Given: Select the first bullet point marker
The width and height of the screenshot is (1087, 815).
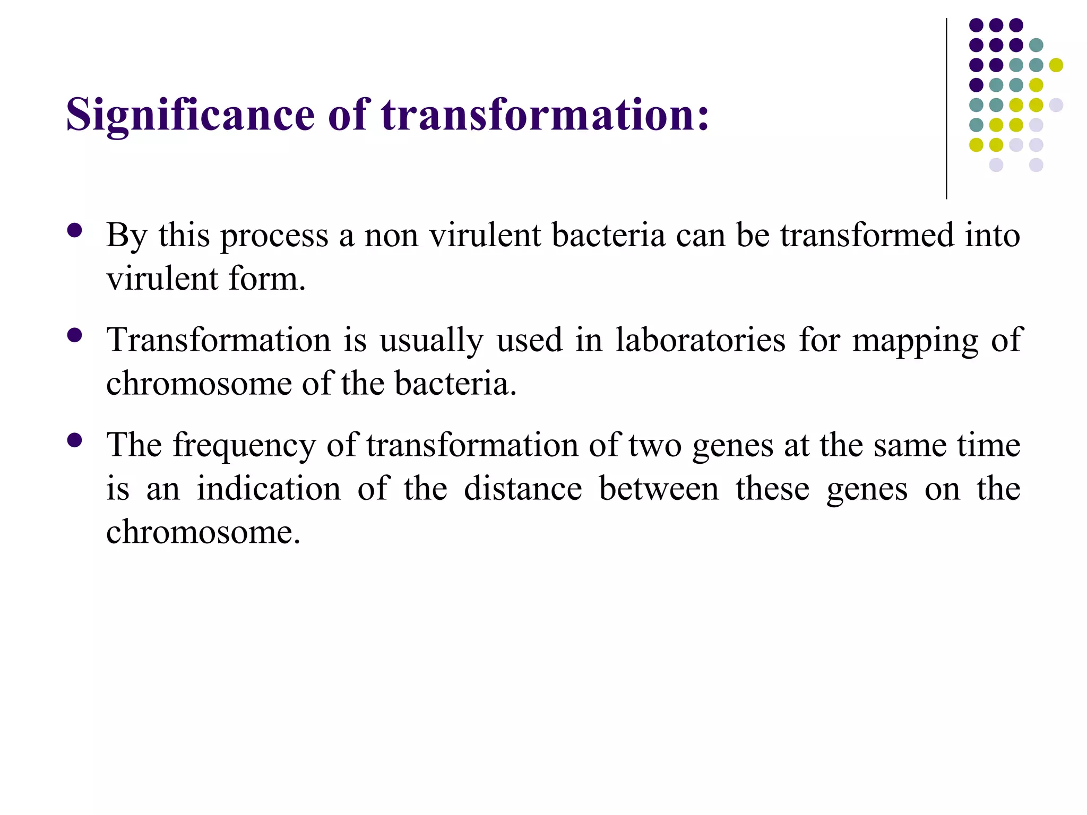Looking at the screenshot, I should tap(75, 230).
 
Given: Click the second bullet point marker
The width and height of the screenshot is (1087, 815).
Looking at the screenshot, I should tap(75, 335).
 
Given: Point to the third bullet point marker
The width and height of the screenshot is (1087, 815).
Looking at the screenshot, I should tap(75, 440).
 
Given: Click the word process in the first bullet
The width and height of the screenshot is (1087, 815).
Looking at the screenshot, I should tap(274, 236).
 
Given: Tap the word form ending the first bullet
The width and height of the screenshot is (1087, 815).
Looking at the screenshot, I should tap(264, 279).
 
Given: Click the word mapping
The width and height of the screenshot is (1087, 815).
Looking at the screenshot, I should tap(915, 341).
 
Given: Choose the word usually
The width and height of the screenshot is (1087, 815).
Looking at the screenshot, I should tap(431, 341).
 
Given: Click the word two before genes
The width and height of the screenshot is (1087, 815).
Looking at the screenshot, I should tap(655, 446).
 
